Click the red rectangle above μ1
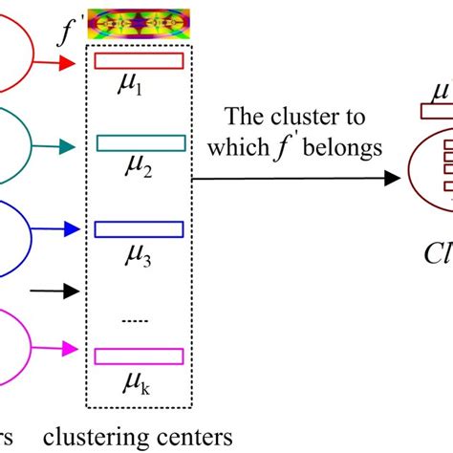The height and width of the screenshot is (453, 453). [x=140, y=62]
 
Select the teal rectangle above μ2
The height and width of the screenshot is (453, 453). [x=140, y=144]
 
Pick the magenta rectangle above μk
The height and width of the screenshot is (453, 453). [x=140, y=356]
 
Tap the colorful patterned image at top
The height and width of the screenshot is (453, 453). [x=139, y=25]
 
